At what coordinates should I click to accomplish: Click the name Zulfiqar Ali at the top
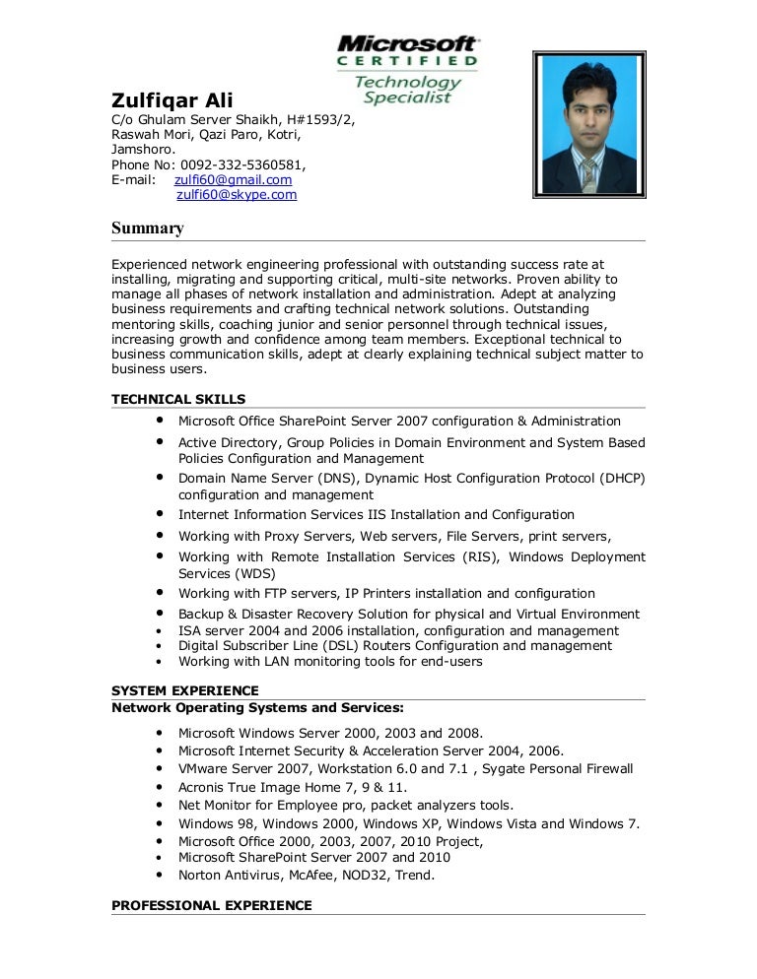[x=172, y=100]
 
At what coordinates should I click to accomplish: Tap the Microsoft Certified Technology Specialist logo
[x=408, y=69]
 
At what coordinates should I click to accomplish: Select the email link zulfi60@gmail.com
[x=233, y=180]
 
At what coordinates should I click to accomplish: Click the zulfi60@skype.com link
[x=237, y=195]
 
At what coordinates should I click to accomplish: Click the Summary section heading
[x=148, y=228]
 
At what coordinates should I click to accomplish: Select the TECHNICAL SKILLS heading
[x=178, y=399]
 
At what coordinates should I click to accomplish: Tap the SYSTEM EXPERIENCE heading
[x=185, y=690]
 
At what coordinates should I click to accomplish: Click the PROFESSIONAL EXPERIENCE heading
[x=212, y=905]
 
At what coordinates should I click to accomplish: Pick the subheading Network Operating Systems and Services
[x=257, y=707]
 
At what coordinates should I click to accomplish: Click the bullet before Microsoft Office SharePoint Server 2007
[x=158, y=421]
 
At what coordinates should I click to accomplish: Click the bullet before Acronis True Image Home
[x=160, y=787]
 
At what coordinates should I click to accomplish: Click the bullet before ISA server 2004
[x=160, y=630]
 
